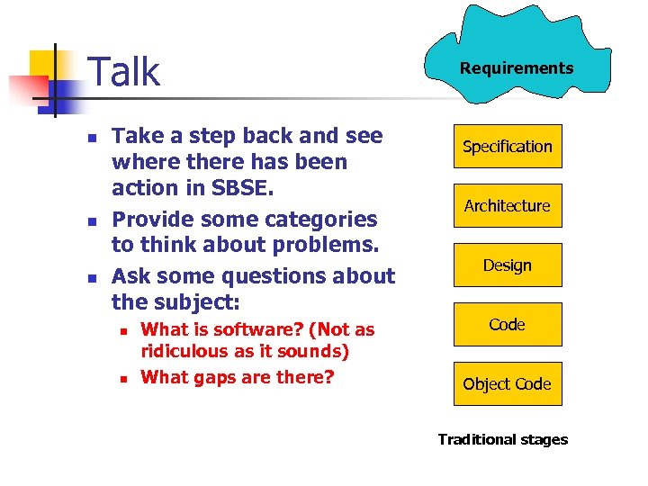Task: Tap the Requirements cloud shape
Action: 516,68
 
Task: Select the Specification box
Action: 507,147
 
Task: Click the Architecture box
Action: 507,206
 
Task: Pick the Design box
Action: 507,265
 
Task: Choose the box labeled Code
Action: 507,325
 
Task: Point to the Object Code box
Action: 507,384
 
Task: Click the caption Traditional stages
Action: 502,439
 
